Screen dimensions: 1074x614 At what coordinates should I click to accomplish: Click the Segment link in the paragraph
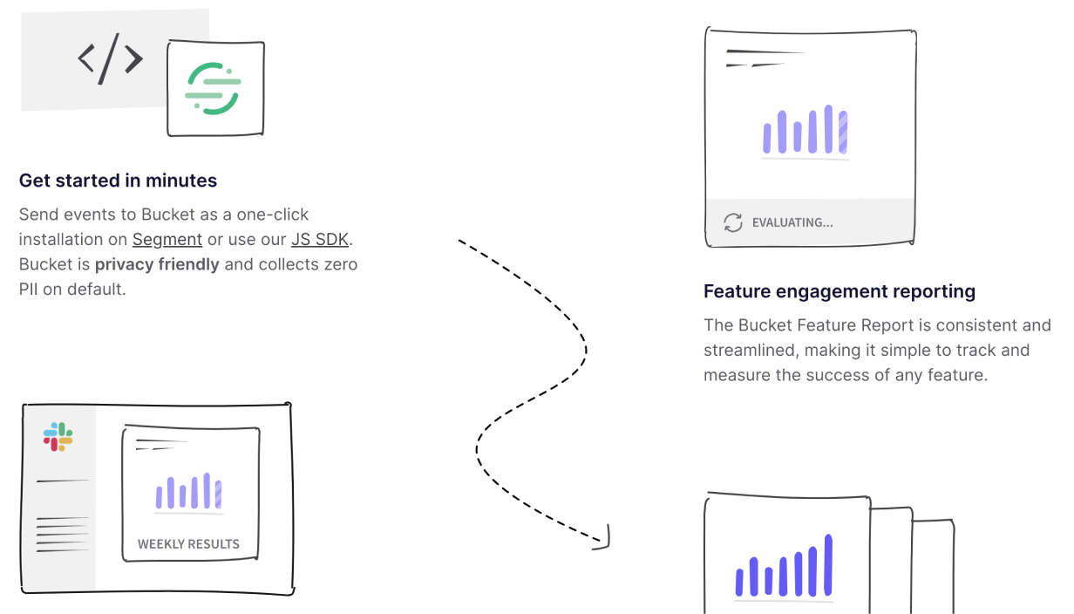(167, 239)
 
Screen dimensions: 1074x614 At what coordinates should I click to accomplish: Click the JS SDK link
(320, 239)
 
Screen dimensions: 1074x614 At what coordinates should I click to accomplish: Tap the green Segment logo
(213, 89)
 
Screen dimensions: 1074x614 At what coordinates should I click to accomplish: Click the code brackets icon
(110, 59)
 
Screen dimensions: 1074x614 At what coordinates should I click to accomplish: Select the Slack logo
(58, 436)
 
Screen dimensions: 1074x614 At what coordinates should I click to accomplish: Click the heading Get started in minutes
(118, 181)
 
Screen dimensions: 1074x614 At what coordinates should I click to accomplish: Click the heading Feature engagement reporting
(839, 291)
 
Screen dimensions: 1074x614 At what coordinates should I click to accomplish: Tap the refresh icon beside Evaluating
(733, 222)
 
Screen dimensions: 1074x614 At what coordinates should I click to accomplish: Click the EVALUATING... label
(792, 222)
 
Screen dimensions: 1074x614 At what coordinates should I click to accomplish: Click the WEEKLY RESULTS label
(188, 544)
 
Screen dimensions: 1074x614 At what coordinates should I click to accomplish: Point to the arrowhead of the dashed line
(605, 542)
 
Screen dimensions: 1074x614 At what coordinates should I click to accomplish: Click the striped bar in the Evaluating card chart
(843, 132)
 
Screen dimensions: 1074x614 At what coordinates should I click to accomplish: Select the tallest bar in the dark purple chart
(828, 564)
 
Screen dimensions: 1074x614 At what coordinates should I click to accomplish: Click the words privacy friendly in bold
(157, 264)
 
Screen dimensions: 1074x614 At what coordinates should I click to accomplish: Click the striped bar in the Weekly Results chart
(218, 494)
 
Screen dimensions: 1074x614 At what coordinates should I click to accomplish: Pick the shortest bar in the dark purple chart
(769, 581)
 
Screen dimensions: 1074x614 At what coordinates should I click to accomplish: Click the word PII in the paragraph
(28, 290)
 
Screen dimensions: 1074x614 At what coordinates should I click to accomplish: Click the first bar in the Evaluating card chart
(767, 138)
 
